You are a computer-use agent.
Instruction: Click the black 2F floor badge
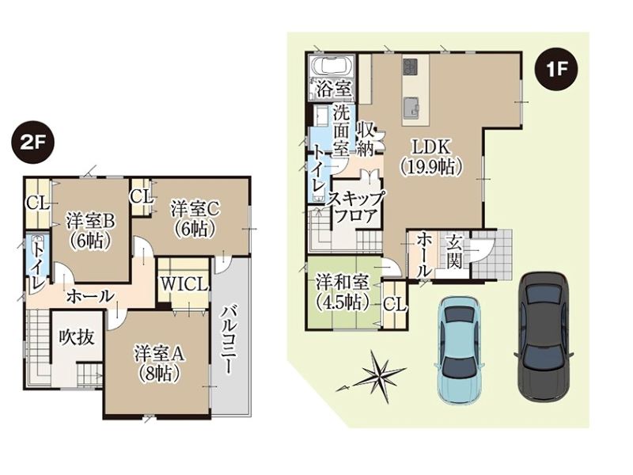[31, 144]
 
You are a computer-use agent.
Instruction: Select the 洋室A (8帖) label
[160, 364]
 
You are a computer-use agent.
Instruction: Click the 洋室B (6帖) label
[91, 231]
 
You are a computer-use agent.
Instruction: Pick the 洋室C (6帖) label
[195, 219]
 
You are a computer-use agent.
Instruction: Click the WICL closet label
[184, 284]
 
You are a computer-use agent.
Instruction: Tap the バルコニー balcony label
[227, 340]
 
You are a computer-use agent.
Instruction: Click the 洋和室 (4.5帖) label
[342, 292]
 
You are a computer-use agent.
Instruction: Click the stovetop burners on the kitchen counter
[410, 66]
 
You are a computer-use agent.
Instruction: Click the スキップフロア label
[356, 207]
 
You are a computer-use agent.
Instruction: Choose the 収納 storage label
[366, 139]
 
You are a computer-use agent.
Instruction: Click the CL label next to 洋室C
[142, 198]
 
